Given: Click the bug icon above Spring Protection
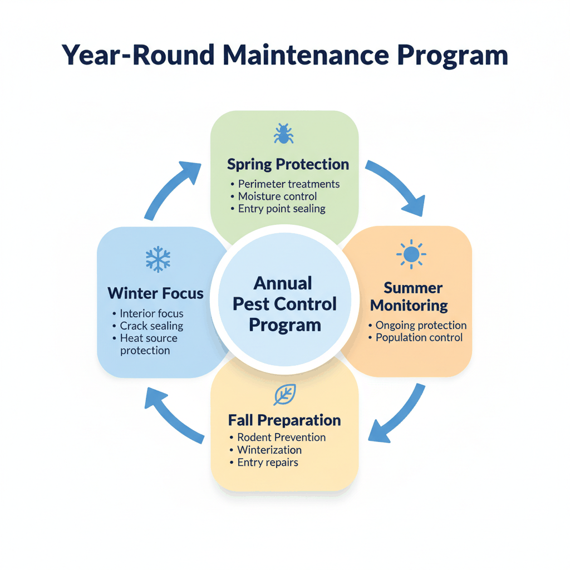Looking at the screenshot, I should click(283, 134).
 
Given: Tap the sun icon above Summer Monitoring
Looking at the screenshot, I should click(411, 254).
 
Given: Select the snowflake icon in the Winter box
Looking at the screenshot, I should click(158, 259).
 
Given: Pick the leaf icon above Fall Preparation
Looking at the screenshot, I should click(284, 395).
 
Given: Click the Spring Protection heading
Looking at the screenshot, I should click(288, 164).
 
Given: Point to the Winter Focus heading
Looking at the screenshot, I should click(155, 293).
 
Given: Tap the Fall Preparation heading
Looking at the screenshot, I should click(284, 420).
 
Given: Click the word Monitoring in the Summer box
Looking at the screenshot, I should click(409, 305).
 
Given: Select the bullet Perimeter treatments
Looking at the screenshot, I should click(288, 184).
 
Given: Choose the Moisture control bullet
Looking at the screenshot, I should click(277, 196).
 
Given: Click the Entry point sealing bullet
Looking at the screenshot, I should click(281, 209).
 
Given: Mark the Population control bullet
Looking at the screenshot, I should click(419, 338).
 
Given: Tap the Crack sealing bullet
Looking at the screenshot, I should click(151, 326).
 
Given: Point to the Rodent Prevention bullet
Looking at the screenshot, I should click(281, 438).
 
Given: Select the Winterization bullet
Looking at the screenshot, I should click(269, 450).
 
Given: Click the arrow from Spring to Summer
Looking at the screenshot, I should click(396, 187).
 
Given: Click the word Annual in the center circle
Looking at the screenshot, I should click(283, 283).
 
